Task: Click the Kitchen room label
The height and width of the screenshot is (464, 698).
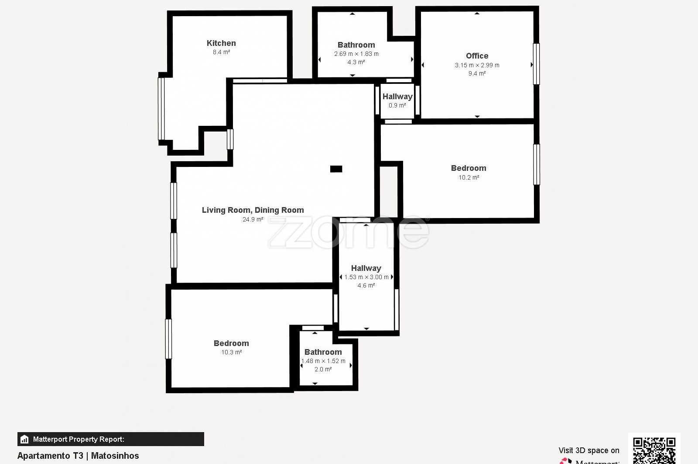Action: click(x=221, y=43)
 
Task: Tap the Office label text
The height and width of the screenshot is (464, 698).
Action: click(x=477, y=56)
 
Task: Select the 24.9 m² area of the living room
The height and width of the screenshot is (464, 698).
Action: click(x=253, y=219)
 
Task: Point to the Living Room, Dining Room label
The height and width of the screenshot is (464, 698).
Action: click(x=253, y=210)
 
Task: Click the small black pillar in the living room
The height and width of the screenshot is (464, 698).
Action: click(x=336, y=169)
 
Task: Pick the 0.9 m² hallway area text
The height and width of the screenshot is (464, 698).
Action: click(x=397, y=105)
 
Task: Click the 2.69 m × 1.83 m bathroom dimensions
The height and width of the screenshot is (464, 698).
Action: click(x=356, y=54)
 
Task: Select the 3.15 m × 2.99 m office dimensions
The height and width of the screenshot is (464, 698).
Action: click(x=477, y=65)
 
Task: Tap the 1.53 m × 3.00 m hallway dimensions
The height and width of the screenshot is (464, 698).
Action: click(x=366, y=277)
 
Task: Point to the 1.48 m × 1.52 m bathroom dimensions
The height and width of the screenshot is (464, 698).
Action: click(x=323, y=361)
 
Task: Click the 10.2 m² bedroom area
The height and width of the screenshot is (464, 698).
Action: click(x=469, y=177)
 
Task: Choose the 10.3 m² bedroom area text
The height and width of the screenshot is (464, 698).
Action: click(x=232, y=352)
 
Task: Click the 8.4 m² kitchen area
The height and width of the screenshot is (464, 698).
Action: click(x=221, y=52)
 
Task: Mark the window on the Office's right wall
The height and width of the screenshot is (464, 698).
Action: click(x=536, y=64)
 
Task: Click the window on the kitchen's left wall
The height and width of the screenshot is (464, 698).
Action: click(x=161, y=109)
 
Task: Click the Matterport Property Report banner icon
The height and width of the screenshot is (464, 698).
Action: click(x=24, y=440)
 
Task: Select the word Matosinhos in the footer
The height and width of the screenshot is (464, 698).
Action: click(x=115, y=456)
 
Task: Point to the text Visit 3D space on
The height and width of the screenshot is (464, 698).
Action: click(x=589, y=450)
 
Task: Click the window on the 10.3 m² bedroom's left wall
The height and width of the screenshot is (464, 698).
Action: click(x=168, y=339)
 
